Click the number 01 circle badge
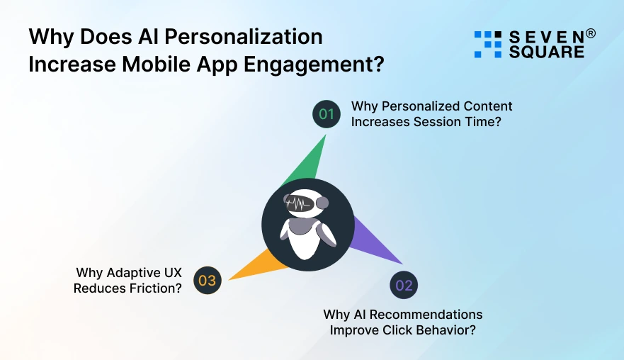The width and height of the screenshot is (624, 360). click(327, 113)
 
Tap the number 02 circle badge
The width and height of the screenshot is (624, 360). click(404, 286)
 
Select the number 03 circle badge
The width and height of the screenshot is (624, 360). click(207, 281)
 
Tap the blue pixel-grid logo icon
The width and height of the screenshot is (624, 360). click(488, 44)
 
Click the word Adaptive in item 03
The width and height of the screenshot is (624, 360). click(132, 273)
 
